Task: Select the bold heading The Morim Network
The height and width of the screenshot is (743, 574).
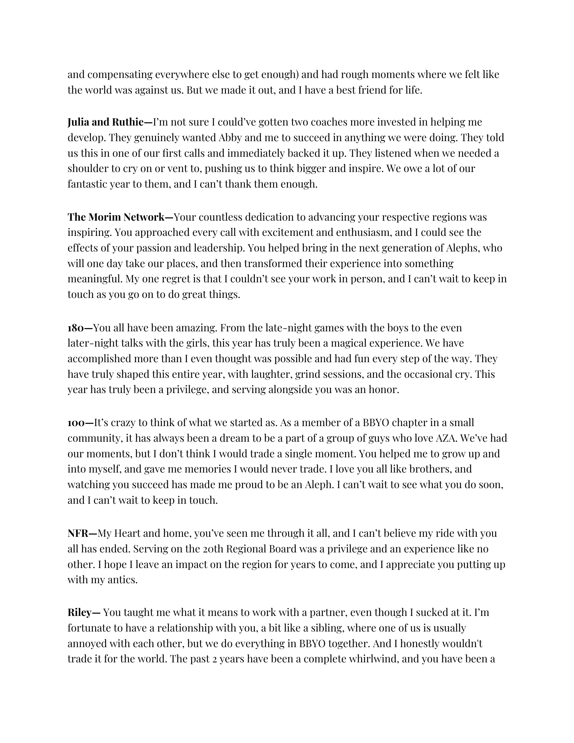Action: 116,217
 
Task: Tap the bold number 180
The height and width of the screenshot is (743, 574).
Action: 77,328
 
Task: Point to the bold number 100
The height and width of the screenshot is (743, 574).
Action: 77,423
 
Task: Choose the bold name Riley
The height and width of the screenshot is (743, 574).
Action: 80,613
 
